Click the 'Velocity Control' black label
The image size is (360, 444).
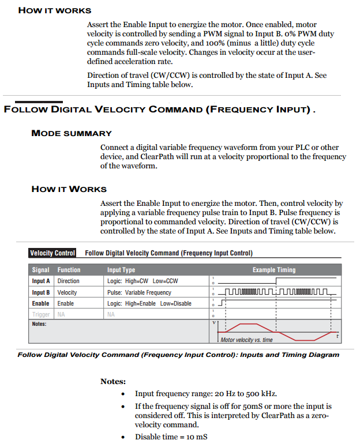(x=52, y=253)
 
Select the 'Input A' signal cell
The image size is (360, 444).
(x=41, y=281)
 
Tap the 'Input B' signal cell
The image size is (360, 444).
(x=41, y=292)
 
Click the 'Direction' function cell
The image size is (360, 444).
(x=68, y=281)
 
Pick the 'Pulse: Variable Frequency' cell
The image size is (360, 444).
(x=139, y=292)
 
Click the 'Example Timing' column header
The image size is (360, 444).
(x=273, y=270)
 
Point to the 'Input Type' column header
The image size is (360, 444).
(x=121, y=270)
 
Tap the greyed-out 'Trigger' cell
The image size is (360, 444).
(x=41, y=314)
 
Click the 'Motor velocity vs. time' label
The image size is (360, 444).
(x=246, y=340)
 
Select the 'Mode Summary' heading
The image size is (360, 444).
(x=72, y=133)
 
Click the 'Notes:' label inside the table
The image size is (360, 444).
(x=39, y=324)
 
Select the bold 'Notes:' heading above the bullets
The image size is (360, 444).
(x=113, y=382)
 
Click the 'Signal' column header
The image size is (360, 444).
(x=41, y=270)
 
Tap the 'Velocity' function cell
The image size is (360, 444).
(x=67, y=292)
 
